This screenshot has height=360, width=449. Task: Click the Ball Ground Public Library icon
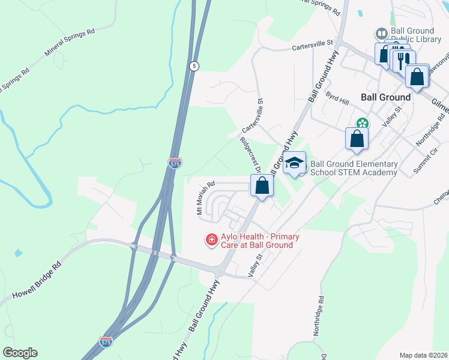point(381,33)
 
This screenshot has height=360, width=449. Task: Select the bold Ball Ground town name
point(385,97)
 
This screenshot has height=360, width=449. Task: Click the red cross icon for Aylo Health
point(211,241)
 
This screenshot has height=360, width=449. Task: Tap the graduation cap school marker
point(294,163)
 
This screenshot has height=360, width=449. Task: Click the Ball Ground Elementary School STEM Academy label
point(354,168)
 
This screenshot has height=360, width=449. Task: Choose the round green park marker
point(362,124)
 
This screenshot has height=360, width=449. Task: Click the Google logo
point(19,353)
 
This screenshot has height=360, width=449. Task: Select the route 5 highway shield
point(193,66)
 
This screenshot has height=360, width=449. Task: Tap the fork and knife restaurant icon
point(403,59)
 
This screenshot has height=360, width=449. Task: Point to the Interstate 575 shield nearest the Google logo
point(106,342)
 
